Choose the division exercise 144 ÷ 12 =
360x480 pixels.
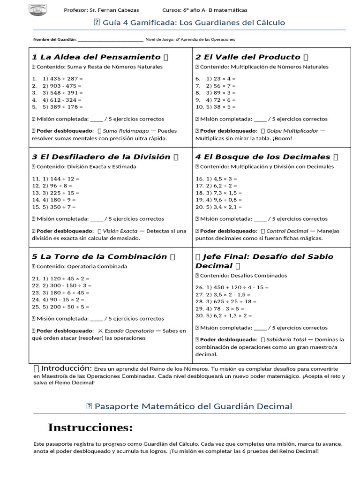tap(61, 179)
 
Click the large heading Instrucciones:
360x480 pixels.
tap(90, 427)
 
